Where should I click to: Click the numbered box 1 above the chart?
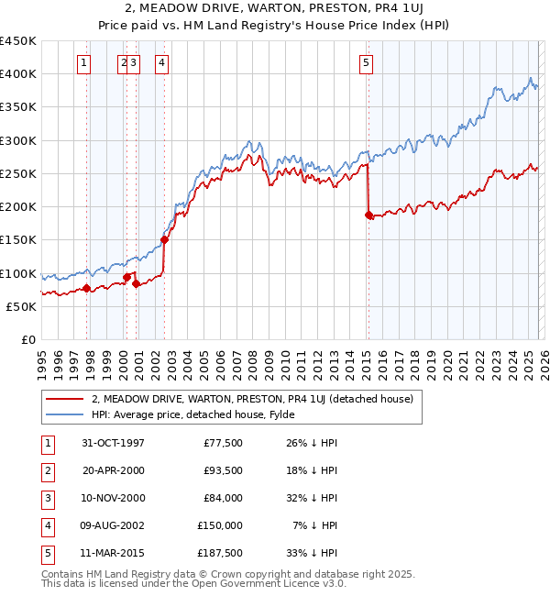tap(83, 63)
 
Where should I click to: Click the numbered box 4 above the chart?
tap(161, 63)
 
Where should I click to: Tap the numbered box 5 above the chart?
tap(366, 63)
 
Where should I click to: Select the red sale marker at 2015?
tap(368, 215)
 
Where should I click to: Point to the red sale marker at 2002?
tap(165, 240)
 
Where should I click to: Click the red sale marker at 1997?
tap(87, 288)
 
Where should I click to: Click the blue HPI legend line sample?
tap(65, 414)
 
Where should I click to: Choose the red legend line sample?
tap(65, 399)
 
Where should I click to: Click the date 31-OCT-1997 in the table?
tap(114, 443)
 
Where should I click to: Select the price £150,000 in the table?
tap(220, 525)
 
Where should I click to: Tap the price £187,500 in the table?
tap(220, 553)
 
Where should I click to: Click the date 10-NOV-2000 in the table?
tap(114, 498)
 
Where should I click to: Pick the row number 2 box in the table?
tap(45, 470)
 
